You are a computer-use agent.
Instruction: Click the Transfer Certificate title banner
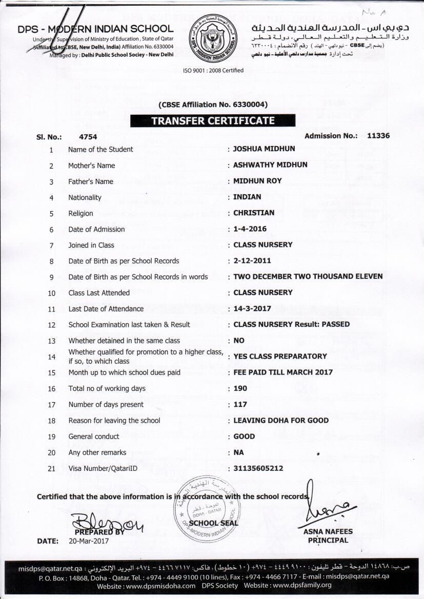click(213, 121)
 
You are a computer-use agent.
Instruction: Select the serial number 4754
click(88, 136)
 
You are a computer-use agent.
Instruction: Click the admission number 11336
click(378, 136)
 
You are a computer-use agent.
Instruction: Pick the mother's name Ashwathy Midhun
click(270, 165)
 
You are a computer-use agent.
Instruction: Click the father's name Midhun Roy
click(257, 181)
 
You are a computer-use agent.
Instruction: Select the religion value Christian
click(254, 213)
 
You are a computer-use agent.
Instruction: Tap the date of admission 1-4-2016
click(250, 229)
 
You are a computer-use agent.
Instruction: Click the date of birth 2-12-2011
click(252, 261)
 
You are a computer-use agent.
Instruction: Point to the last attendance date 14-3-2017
click(252, 308)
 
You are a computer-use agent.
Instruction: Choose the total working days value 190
click(240, 388)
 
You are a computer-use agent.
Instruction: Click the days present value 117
click(240, 404)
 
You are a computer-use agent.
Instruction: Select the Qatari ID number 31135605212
click(258, 468)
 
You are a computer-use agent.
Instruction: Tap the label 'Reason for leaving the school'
click(114, 421)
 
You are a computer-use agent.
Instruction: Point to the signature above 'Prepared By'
click(105, 521)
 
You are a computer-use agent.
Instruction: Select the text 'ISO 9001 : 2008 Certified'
click(213, 70)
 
